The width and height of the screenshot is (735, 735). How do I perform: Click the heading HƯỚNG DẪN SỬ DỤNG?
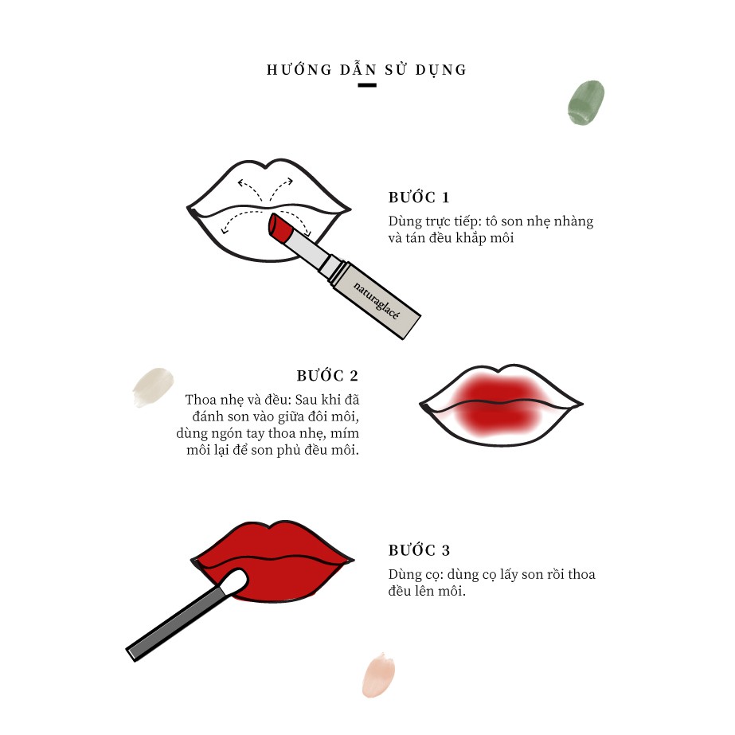tap(366, 70)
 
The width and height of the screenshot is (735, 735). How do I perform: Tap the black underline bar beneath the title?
tap(367, 85)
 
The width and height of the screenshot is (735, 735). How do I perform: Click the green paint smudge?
tap(586, 103)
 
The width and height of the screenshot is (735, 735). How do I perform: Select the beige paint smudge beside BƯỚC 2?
tap(153, 387)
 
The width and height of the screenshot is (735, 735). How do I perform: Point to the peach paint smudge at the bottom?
tap(378, 675)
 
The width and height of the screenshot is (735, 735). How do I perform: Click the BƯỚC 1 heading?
tap(419, 197)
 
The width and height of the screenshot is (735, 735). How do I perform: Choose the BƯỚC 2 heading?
tap(327, 376)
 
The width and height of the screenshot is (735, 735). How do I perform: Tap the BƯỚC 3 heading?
tap(419, 549)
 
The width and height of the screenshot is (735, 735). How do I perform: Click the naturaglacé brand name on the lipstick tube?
tap(376, 300)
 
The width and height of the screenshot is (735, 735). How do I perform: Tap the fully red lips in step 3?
tap(272, 561)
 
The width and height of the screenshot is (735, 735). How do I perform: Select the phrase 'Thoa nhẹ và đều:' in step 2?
tap(238, 400)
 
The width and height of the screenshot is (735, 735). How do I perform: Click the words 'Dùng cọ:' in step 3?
tap(416, 575)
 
